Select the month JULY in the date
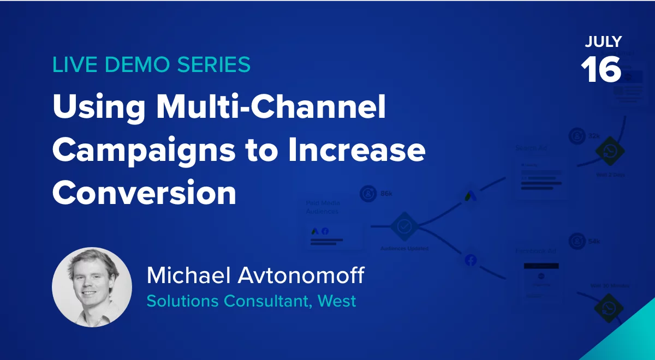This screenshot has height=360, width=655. [x=603, y=42]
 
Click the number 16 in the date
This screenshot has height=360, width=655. [x=601, y=69]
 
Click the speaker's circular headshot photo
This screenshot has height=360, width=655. [x=92, y=287]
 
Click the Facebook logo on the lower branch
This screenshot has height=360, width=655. [x=471, y=261]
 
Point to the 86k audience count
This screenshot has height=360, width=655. [x=385, y=194]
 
